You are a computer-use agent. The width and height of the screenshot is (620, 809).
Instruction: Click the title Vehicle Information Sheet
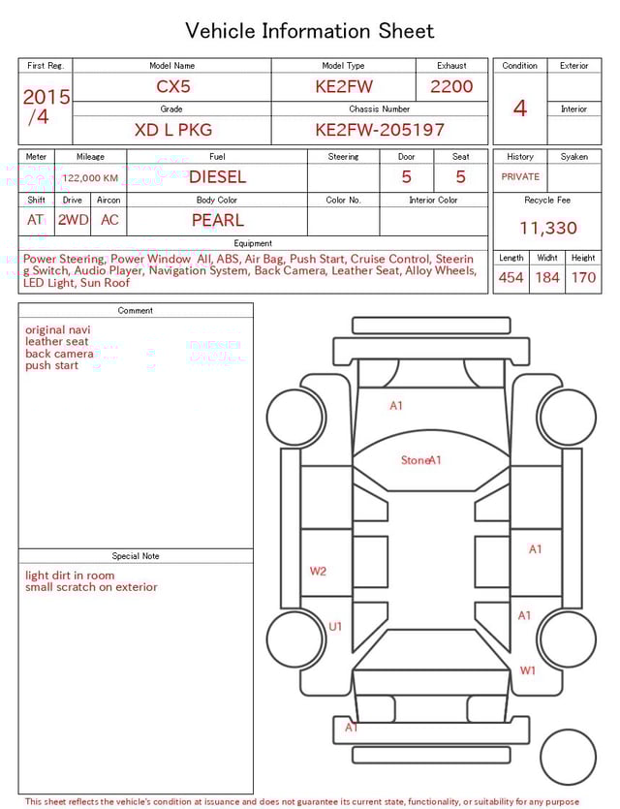click(x=310, y=31)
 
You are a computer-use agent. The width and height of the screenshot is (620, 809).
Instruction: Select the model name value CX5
click(x=173, y=86)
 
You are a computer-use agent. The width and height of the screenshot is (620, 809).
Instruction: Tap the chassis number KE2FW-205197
click(x=380, y=129)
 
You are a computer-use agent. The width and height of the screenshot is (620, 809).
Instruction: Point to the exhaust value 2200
click(x=451, y=86)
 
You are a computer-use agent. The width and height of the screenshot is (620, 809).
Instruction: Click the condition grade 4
click(x=519, y=108)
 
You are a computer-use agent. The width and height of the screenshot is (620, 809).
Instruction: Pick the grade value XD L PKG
click(x=172, y=129)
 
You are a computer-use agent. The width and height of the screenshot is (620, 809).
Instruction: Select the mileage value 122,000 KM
click(x=90, y=178)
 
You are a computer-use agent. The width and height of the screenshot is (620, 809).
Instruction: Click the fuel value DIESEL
click(x=217, y=176)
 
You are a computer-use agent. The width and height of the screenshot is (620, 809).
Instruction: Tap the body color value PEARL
click(x=217, y=220)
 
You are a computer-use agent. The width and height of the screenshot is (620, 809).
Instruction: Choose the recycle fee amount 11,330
click(x=548, y=229)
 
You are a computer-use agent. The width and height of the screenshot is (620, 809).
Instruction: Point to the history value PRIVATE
click(x=520, y=177)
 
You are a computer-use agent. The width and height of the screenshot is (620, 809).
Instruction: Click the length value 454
click(x=511, y=278)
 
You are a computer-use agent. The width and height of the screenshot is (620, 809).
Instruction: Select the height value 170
click(x=583, y=278)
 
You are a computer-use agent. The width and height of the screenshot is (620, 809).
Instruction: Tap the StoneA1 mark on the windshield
click(x=421, y=460)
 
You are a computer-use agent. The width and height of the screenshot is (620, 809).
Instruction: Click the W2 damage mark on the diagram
click(x=318, y=572)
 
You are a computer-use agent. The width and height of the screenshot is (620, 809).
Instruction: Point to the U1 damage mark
click(x=335, y=627)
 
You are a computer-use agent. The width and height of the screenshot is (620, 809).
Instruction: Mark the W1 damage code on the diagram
click(x=528, y=670)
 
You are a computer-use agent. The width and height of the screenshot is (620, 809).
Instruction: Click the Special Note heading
click(x=136, y=556)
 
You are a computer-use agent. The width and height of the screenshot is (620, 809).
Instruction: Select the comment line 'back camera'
click(x=59, y=354)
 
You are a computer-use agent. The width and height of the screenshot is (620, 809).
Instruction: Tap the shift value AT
click(x=36, y=220)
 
